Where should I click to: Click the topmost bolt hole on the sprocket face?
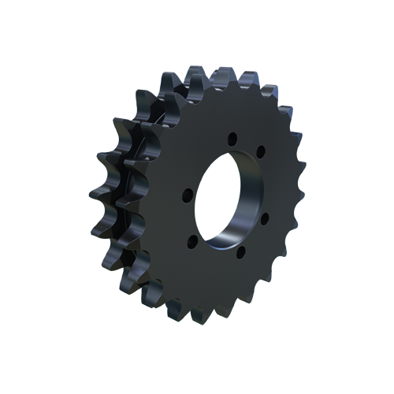[232, 140]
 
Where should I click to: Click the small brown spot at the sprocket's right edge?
[301, 155]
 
